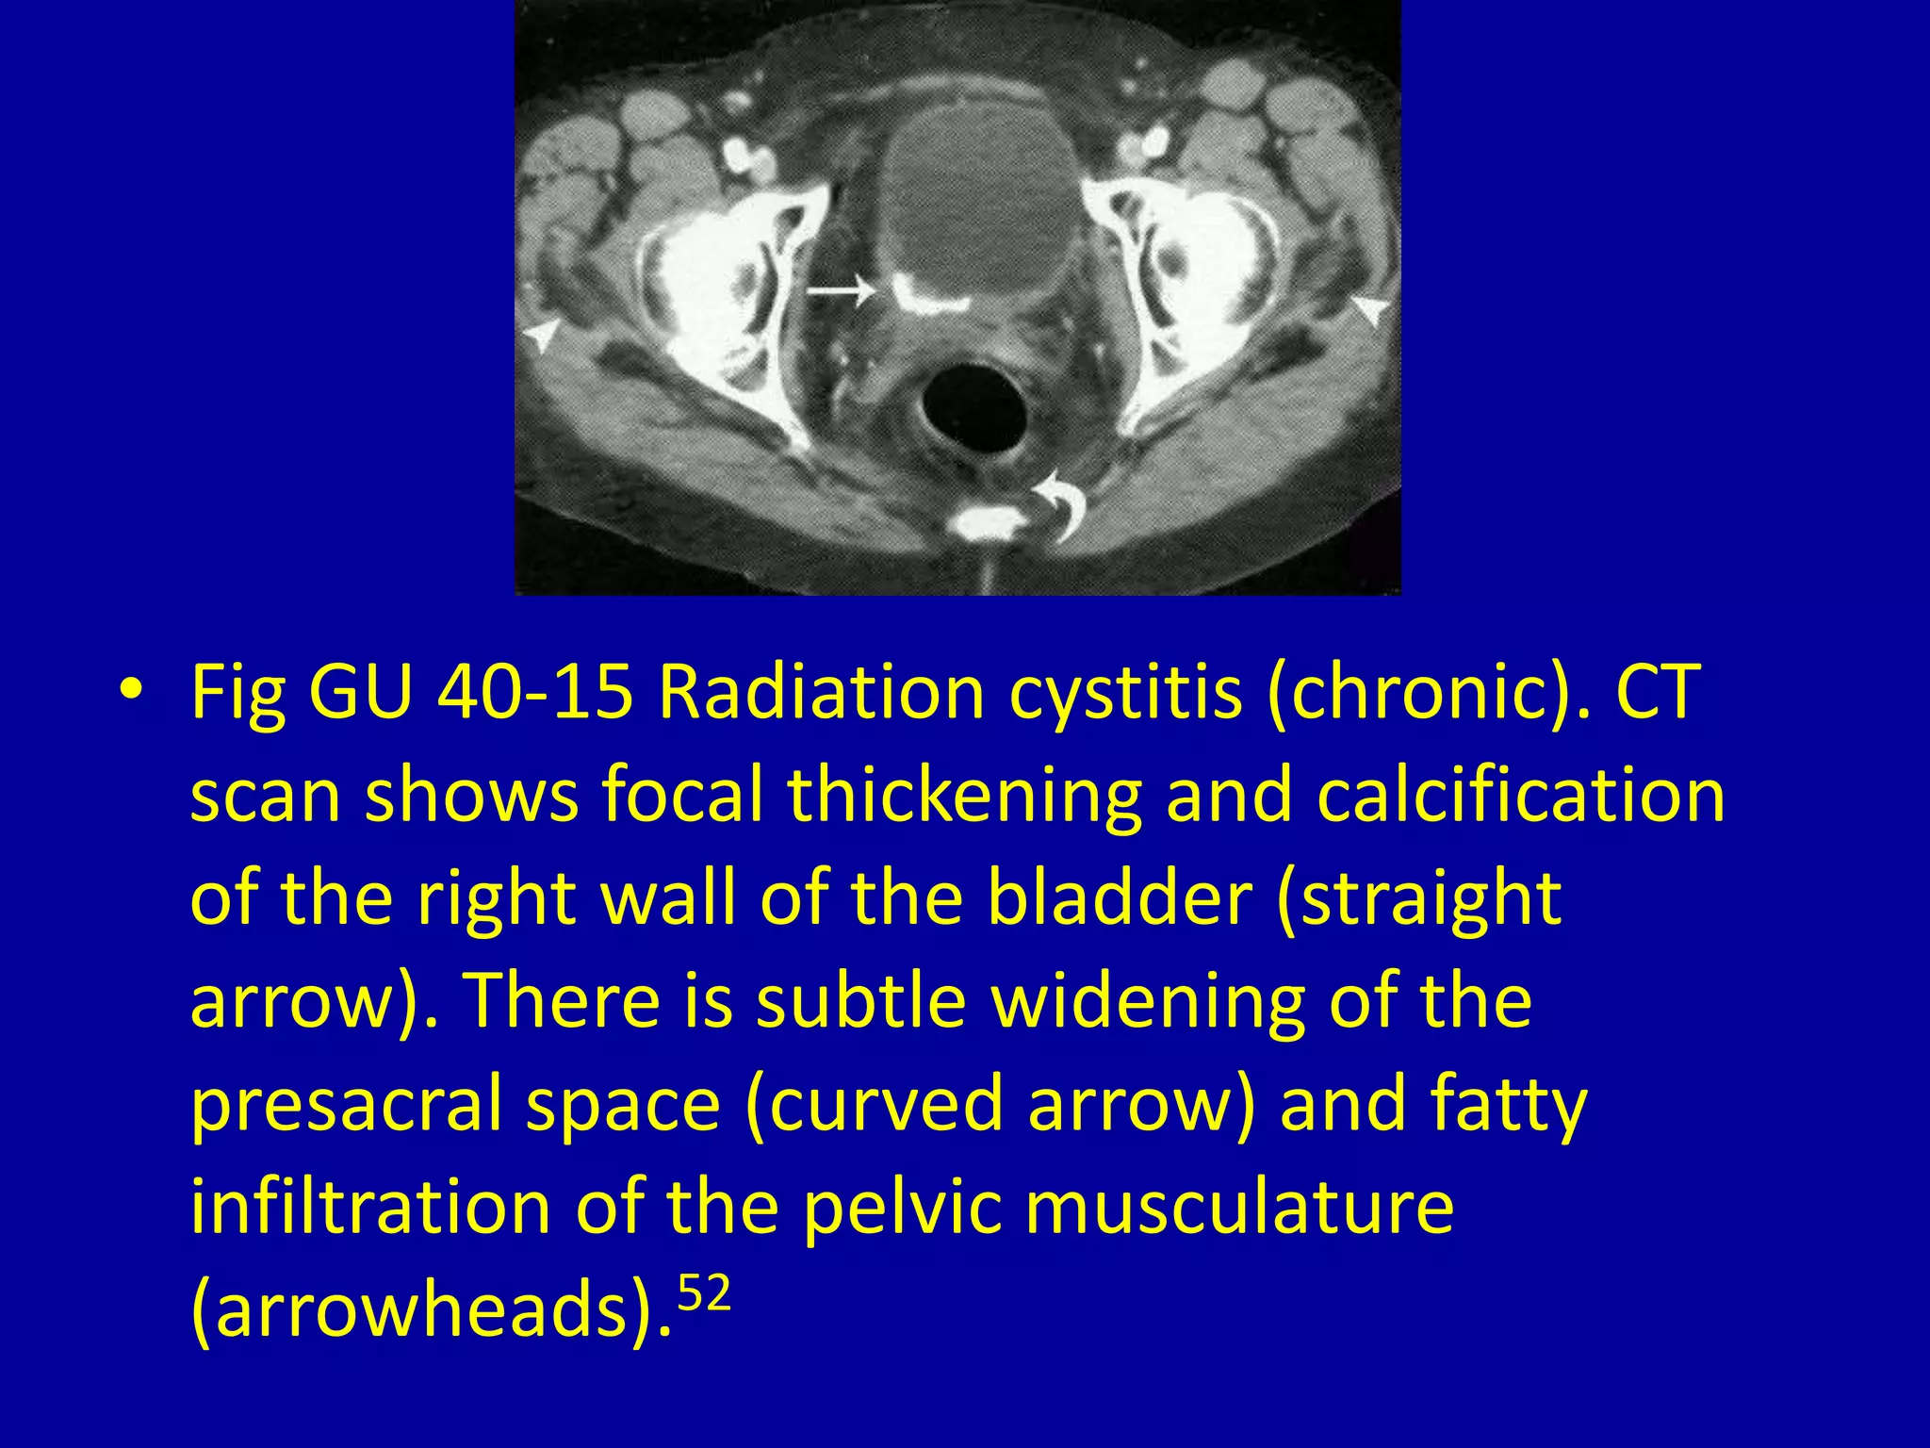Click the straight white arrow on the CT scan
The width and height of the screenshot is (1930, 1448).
click(839, 290)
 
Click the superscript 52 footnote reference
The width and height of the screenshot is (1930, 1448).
click(704, 1294)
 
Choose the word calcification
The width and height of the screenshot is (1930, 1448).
click(1520, 794)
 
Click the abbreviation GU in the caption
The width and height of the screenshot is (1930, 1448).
click(361, 690)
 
